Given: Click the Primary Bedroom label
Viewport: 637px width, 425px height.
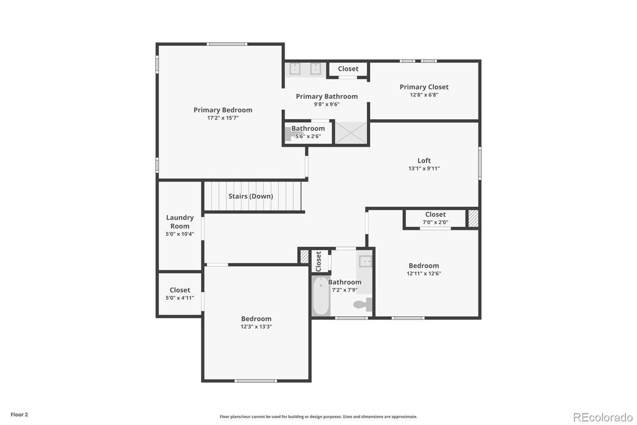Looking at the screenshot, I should [223, 110].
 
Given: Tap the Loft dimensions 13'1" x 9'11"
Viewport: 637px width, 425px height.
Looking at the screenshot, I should [424, 169].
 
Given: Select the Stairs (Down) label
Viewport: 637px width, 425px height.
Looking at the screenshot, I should [250, 196].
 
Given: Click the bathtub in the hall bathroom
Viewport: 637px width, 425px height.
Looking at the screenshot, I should [321, 296].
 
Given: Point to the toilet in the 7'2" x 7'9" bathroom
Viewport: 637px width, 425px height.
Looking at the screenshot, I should [362, 305].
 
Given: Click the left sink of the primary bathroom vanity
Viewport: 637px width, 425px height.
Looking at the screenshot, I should [295, 69].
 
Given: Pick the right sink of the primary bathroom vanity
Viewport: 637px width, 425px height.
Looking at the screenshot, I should [316, 69].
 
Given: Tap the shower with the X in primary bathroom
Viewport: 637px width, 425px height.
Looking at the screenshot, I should [351, 133].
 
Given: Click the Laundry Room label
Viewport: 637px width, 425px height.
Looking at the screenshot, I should [180, 222].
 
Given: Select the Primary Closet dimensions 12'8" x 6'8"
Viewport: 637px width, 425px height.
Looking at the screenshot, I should [424, 95].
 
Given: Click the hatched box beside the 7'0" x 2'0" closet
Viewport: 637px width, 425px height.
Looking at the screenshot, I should [473, 218].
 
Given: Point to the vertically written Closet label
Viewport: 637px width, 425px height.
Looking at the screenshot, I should [318, 261].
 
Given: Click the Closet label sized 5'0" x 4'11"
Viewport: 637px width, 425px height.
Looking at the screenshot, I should [180, 290].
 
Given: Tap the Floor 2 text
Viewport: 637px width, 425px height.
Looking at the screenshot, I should [19, 415].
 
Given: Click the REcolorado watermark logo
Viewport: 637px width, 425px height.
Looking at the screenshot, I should [603, 417].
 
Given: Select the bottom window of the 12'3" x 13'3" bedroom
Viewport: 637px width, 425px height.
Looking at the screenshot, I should [255, 381].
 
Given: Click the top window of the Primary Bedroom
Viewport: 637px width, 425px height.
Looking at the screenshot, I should [227, 44].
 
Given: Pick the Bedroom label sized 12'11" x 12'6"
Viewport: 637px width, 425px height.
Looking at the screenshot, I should [424, 266].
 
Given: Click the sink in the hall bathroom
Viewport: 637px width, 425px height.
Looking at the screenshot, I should [365, 262].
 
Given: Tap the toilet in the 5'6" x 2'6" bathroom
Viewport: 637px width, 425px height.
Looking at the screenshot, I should [290, 134].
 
